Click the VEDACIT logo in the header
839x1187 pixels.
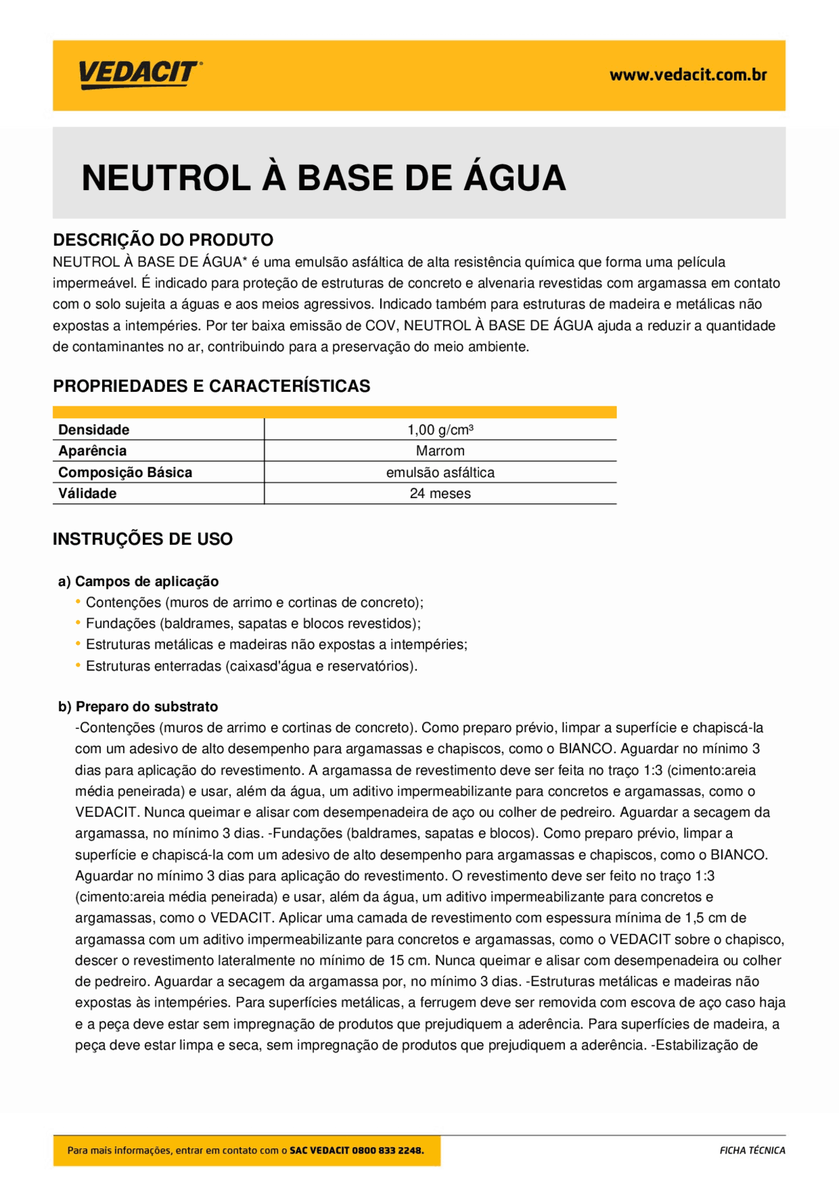[140, 74]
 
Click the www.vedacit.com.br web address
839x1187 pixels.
[688, 75]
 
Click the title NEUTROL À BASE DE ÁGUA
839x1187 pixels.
[323, 178]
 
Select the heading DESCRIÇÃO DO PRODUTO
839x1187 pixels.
[163, 240]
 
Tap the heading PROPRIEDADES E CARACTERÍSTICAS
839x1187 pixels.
[211, 386]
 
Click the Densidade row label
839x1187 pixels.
[94, 430]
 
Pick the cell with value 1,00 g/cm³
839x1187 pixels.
[440, 430]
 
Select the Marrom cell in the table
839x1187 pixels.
[440, 451]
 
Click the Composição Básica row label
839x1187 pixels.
[125, 473]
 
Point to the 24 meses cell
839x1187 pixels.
[440, 494]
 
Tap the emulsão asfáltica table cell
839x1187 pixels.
[440, 473]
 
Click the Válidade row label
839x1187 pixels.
[87, 494]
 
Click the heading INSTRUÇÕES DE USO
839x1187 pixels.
[142, 539]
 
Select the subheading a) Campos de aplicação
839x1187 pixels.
[138, 581]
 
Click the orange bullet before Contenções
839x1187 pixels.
[79, 602]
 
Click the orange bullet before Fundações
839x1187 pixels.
[79, 623]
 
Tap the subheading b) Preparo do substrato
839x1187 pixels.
[138, 707]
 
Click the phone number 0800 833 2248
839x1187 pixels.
[387, 1150]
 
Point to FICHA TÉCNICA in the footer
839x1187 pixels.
[752, 1150]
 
